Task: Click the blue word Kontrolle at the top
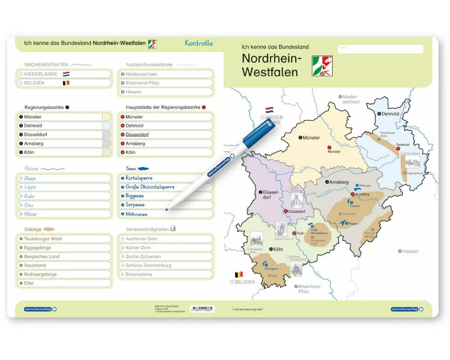tap(198, 43)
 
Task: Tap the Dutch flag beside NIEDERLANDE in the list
tap(66, 74)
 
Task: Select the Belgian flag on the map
tap(239, 274)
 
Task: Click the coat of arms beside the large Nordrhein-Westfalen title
tap(322, 66)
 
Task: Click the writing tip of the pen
tap(167, 209)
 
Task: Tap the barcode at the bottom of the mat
tap(202, 309)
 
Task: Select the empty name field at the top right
tap(380, 49)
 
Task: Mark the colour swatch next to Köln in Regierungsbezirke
tap(106, 153)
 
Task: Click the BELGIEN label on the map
tap(244, 282)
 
